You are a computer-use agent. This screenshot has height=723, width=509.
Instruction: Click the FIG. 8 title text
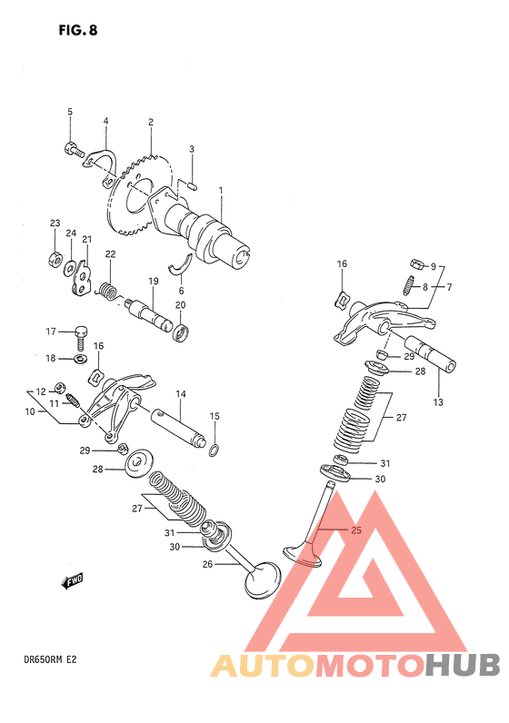tap(78, 31)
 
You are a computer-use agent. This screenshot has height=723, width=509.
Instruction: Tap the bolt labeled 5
tap(74, 149)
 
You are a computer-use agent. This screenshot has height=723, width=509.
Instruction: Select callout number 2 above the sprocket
tap(151, 123)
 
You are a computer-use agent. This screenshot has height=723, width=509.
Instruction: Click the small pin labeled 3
tap(193, 186)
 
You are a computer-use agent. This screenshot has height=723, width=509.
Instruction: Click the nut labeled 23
tap(55, 260)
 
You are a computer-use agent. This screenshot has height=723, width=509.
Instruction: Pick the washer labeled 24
tap(71, 267)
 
